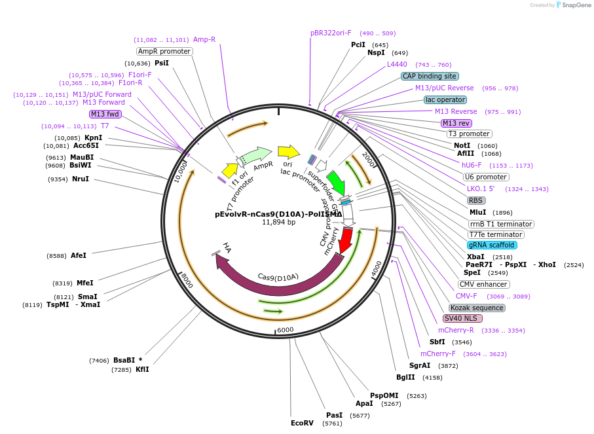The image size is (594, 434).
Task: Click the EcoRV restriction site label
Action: coord(302,423)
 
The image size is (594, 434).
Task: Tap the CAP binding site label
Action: coord(430,76)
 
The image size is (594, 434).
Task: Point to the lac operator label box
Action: coord(445,99)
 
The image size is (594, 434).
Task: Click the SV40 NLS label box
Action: coord(462,318)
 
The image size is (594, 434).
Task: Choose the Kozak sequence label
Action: coord(477,308)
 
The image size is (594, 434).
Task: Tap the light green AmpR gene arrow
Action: coord(256,156)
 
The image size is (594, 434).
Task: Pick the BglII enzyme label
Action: coord(405,377)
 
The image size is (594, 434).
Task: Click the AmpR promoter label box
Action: coord(164,51)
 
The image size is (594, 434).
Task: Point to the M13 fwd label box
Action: coord(105,114)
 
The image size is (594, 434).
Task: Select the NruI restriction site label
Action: coord(81,179)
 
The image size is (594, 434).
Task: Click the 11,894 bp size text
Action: coord(279,222)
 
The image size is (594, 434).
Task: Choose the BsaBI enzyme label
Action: coord(124,360)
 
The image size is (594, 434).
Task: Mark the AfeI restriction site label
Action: coord(79,255)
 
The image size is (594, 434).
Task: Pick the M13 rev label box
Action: coord(456,123)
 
